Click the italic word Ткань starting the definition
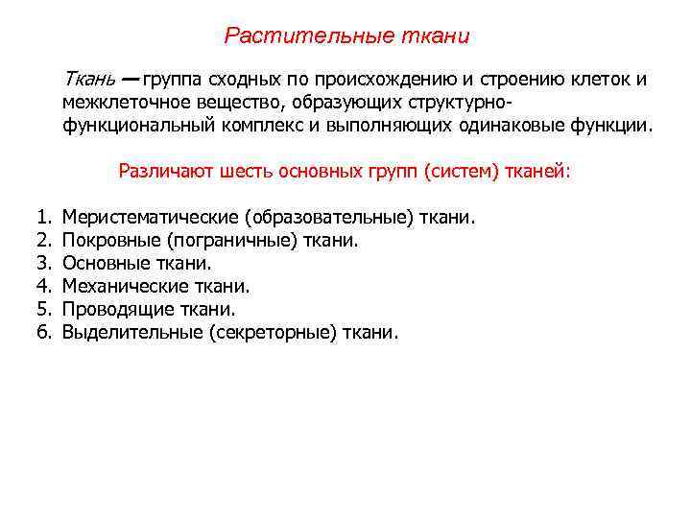coord(88,80)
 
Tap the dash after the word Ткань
coord(130,80)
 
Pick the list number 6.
coord(43,333)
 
